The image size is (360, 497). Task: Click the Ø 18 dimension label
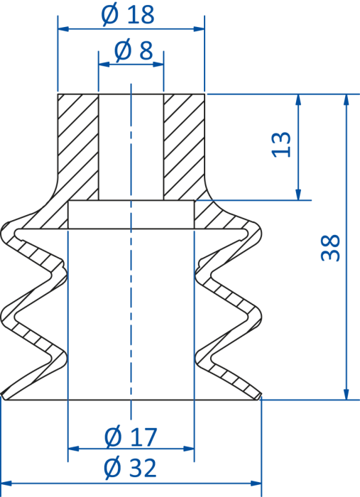click(128, 15)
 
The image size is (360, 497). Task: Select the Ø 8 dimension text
click(133, 50)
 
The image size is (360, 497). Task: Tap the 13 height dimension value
click(281, 145)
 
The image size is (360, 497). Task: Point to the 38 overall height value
click(330, 248)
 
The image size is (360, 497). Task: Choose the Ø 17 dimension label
click(131, 437)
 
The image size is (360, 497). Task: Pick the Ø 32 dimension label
click(130, 467)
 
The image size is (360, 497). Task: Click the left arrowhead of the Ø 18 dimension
click(63, 29)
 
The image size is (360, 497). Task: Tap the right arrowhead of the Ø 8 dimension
click(158, 65)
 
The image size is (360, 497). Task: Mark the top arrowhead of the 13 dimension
click(298, 99)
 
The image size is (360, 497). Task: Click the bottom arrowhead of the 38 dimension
click(347, 394)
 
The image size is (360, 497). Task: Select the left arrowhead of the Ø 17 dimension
click(74, 449)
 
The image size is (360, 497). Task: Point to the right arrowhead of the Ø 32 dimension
click(256, 484)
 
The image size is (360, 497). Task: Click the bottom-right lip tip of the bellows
click(261, 395)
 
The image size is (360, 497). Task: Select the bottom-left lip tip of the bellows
click(3, 395)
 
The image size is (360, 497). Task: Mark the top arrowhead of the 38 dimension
click(347, 99)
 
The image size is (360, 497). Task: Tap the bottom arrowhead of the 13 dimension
click(298, 195)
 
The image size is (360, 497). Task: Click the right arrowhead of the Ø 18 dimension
click(199, 29)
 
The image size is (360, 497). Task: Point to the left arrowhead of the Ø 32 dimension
click(6, 484)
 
